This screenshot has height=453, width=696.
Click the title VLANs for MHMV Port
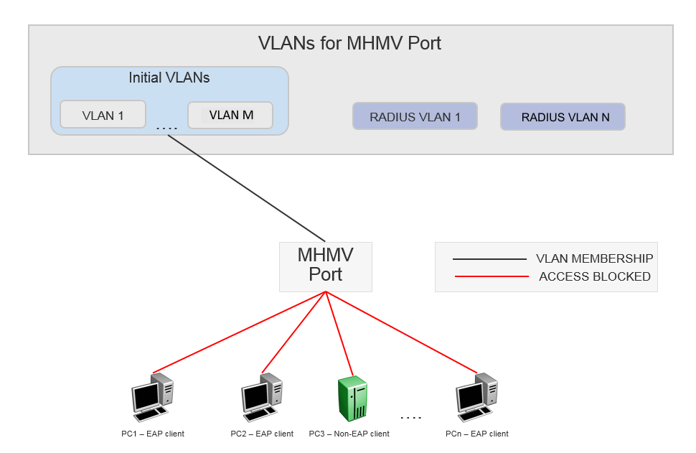349,43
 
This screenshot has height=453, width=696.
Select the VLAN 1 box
103,115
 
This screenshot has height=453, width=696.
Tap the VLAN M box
230,115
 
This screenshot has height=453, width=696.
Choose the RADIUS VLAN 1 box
415,117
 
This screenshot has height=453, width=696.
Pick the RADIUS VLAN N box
563,117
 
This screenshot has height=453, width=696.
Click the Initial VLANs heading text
169,77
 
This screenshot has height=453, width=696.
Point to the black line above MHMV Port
247,188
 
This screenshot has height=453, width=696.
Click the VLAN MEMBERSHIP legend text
594,258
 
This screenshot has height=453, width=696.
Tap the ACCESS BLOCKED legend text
594,276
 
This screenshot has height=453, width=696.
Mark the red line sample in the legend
491,276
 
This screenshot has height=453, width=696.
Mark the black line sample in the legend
491,258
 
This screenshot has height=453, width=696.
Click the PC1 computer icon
152,396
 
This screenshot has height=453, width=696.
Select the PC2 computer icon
261,396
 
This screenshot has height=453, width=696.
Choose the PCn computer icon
476,396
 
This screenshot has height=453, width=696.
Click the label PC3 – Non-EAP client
349,434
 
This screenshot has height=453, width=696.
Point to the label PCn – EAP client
476,434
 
